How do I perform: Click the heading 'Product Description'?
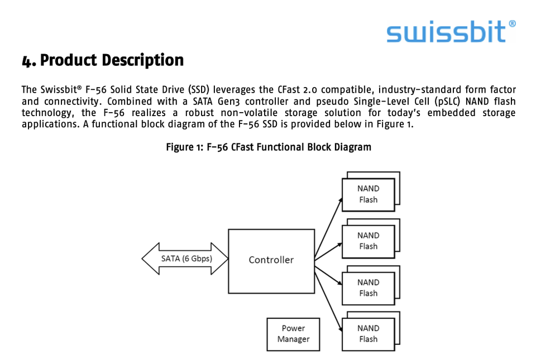[112, 60]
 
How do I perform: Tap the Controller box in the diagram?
[271, 260]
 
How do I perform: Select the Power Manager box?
[293, 334]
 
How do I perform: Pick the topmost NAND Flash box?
[368, 194]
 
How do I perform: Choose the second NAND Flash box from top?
[368, 241]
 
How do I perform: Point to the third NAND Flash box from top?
[368, 288]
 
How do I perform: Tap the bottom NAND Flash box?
[368, 334]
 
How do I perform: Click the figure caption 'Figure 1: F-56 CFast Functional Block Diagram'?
[269, 147]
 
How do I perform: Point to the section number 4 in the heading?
[27, 61]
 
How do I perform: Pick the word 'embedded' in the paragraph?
[451, 113]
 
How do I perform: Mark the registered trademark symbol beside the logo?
[512, 24]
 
